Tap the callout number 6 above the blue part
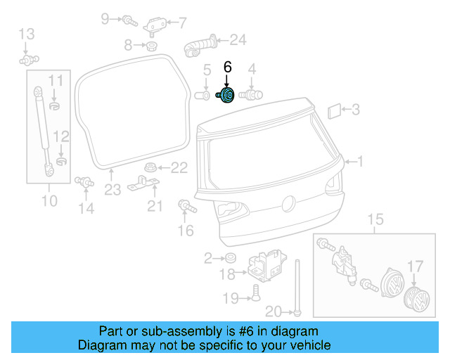227,67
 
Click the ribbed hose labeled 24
201,46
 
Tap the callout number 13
26,33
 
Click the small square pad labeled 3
334,110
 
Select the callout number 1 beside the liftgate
361,162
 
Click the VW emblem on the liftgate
287,203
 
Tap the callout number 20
274,311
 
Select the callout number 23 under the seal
113,189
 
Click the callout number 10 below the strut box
49,202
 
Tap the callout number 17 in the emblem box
416,266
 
